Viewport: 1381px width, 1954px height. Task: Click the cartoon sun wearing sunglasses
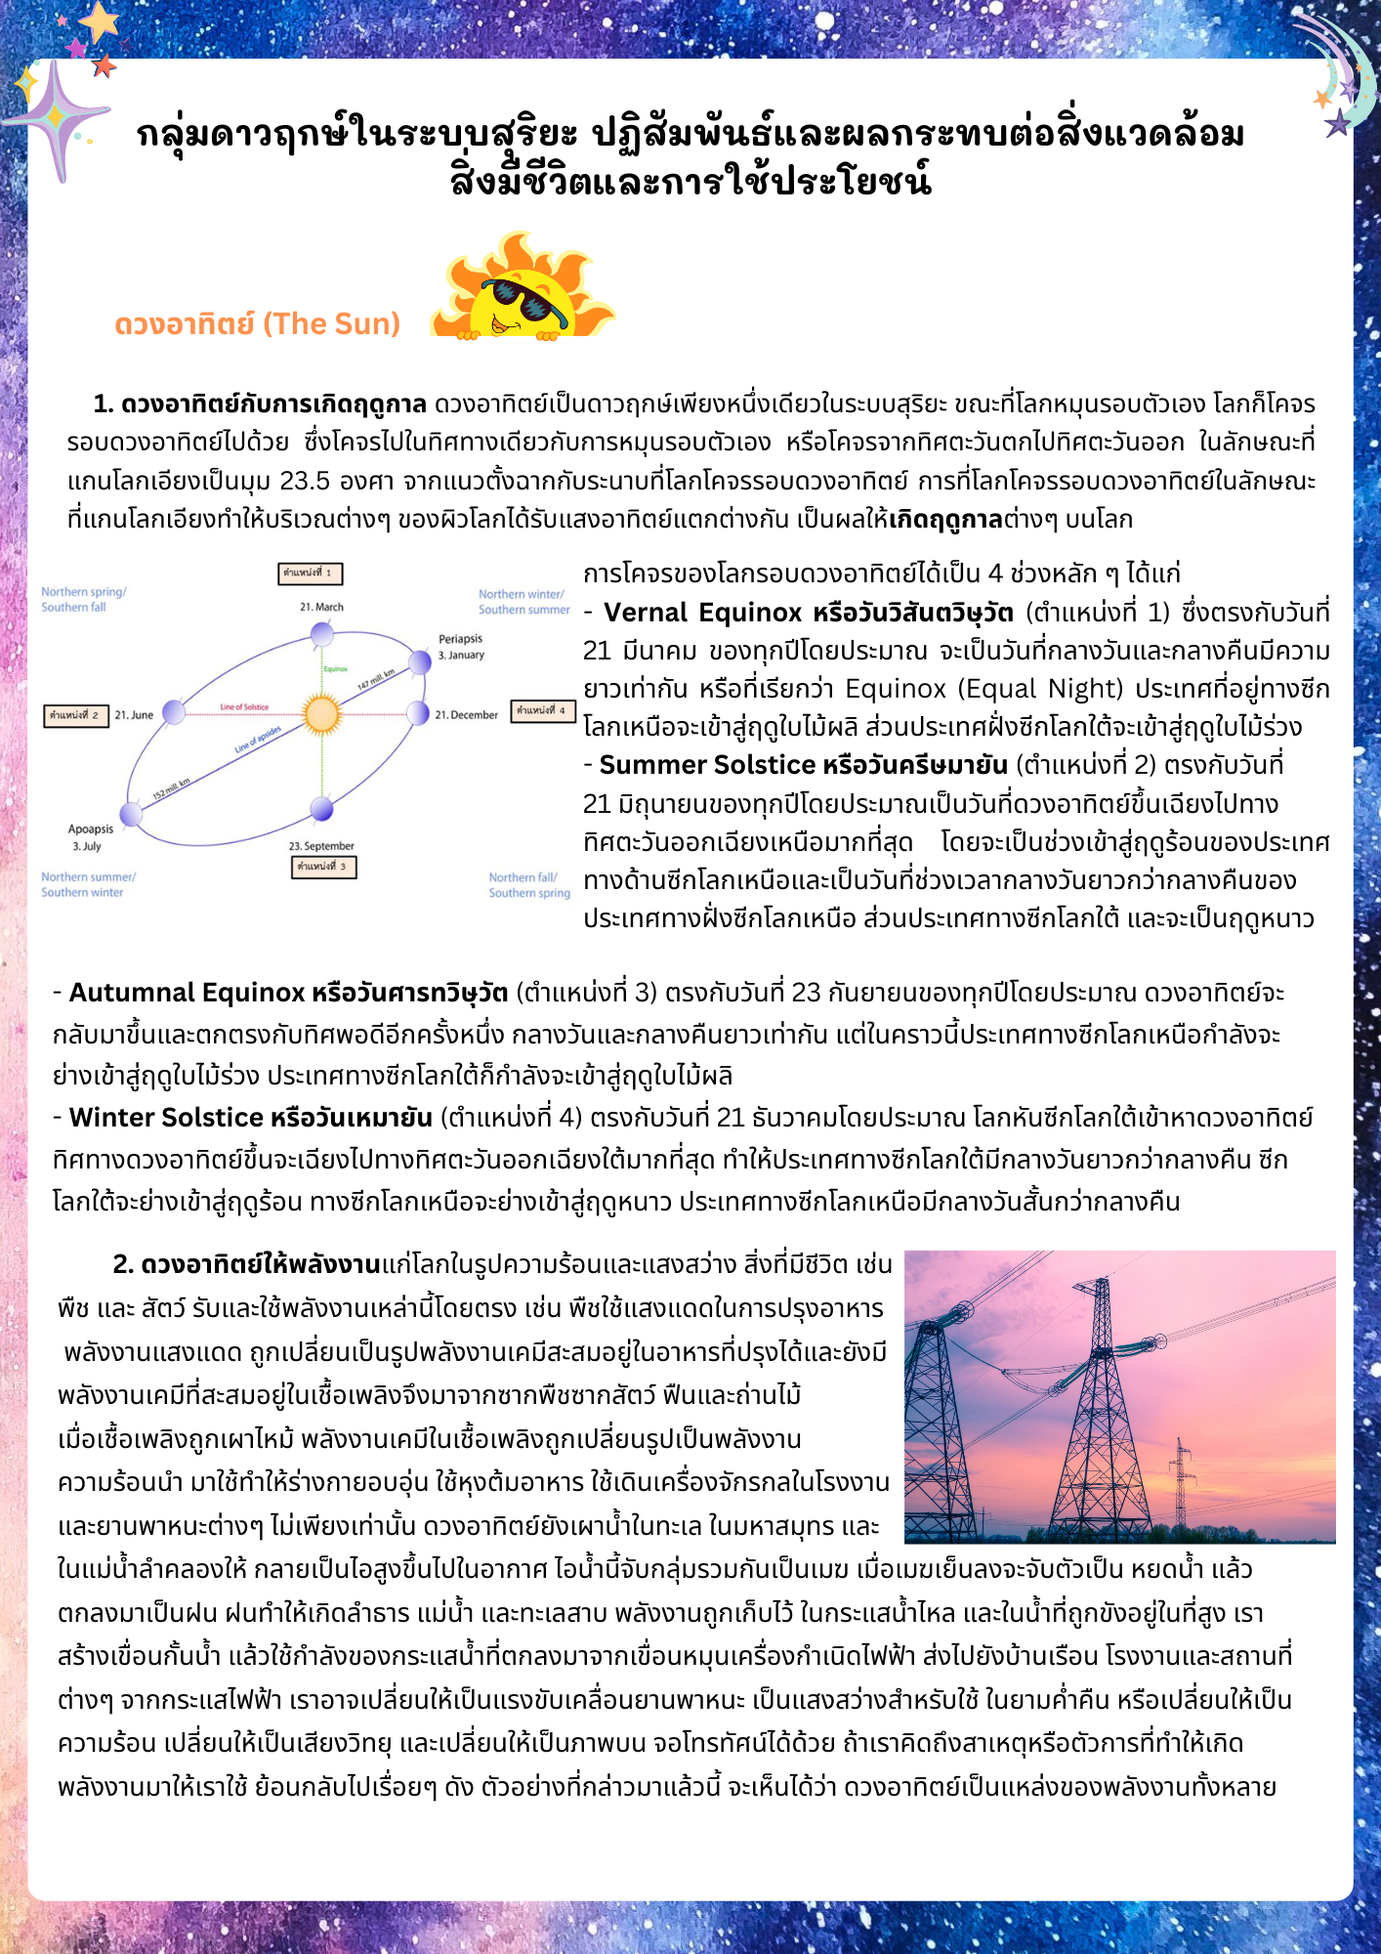[x=523, y=288]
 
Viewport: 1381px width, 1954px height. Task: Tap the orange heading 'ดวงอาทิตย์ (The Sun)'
[x=257, y=323]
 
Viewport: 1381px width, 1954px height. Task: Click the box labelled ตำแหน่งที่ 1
[x=311, y=573]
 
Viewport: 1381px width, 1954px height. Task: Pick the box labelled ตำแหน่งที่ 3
[x=323, y=867]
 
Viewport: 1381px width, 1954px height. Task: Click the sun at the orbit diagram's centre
[x=321, y=714]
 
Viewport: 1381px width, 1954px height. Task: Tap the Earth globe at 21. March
[x=322, y=635]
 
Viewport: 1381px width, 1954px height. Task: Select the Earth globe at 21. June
[x=174, y=712]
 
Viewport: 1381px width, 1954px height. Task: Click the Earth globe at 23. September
[x=322, y=809]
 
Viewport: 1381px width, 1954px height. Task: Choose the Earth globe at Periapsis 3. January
[x=420, y=662]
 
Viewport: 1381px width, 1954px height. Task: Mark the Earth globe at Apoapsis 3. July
[x=131, y=813]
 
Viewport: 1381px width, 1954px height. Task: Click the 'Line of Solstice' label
[x=244, y=706]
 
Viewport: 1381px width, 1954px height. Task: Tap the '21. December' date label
[x=466, y=715]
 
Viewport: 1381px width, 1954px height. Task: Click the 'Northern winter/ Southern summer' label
[x=523, y=602]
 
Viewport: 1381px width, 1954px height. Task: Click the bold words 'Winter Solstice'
[x=167, y=1117]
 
